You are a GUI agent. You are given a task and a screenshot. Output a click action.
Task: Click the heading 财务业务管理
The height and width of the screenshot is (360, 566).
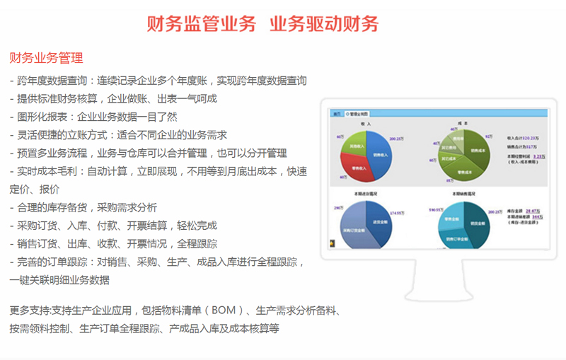tap(46, 57)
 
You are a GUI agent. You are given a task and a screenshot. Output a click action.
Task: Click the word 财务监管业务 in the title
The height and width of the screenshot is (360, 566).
tap(201, 23)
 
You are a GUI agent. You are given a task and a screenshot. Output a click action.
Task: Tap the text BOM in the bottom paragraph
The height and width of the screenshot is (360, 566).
tap(218, 310)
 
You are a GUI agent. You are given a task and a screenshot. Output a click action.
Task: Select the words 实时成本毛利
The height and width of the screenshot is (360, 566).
tap(51, 171)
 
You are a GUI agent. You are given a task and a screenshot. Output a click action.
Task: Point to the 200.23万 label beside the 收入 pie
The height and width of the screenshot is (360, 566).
tap(397, 139)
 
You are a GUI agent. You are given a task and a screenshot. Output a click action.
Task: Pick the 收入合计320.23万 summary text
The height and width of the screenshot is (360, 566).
tap(524, 138)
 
